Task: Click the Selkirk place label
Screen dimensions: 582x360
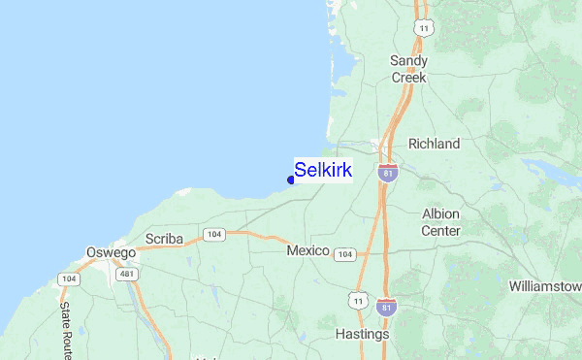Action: [x=323, y=170]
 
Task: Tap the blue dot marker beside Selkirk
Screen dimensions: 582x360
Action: [x=291, y=180]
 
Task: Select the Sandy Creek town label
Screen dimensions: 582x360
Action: [x=408, y=68]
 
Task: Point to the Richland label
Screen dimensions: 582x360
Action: [x=434, y=144]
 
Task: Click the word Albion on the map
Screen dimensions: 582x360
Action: [x=441, y=213]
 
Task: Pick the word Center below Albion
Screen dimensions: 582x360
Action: [x=440, y=231]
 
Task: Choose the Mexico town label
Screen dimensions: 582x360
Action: [x=308, y=250]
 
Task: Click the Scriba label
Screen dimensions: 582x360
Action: [x=163, y=239]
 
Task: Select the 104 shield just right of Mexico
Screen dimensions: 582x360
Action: [x=344, y=254]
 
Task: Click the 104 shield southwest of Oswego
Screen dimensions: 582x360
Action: [x=67, y=279]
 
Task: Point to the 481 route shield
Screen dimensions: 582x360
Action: [x=126, y=275]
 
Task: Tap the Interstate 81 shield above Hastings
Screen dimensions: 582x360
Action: [x=385, y=307]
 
